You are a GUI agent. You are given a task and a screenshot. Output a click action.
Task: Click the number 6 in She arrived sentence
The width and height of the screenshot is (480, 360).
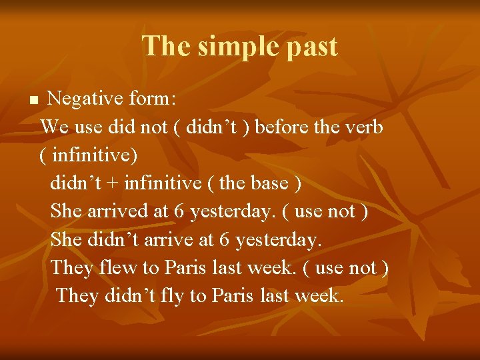[x=179, y=211]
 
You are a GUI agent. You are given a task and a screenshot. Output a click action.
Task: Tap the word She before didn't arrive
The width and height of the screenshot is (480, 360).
[x=67, y=239]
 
